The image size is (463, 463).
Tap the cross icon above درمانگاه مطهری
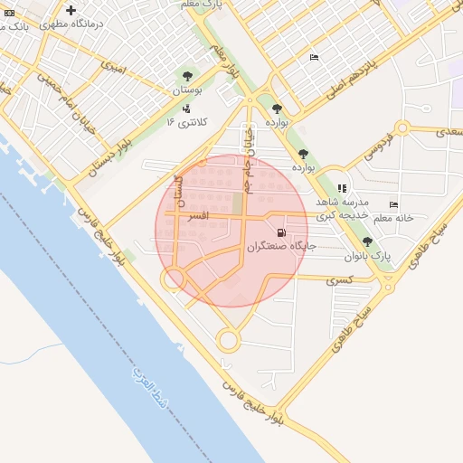(x=71, y=10)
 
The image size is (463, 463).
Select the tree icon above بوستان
(x=186, y=76)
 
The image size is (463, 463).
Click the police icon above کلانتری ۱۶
(x=186, y=108)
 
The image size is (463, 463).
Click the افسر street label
(x=196, y=217)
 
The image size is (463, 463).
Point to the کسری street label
(x=339, y=279)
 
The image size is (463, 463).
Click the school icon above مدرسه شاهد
(x=342, y=188)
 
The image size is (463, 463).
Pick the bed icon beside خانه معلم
(x=392, y=204)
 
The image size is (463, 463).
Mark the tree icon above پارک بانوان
(x=366, y=241)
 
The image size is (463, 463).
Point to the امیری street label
(x=113, y=66)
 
